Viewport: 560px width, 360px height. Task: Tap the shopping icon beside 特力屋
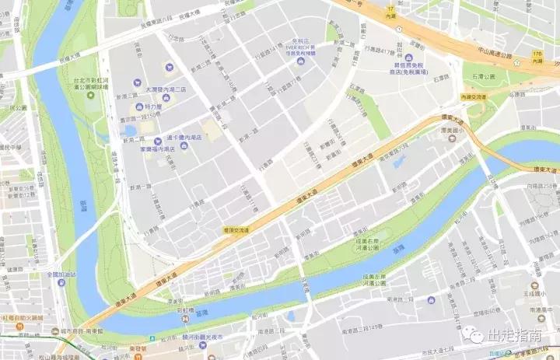pos(139,106)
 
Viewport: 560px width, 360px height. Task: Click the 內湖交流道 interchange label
pos(473,97)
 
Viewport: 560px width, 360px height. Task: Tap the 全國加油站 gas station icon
pos(61,282)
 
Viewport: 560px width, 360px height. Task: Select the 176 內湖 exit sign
pos(537,56)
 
